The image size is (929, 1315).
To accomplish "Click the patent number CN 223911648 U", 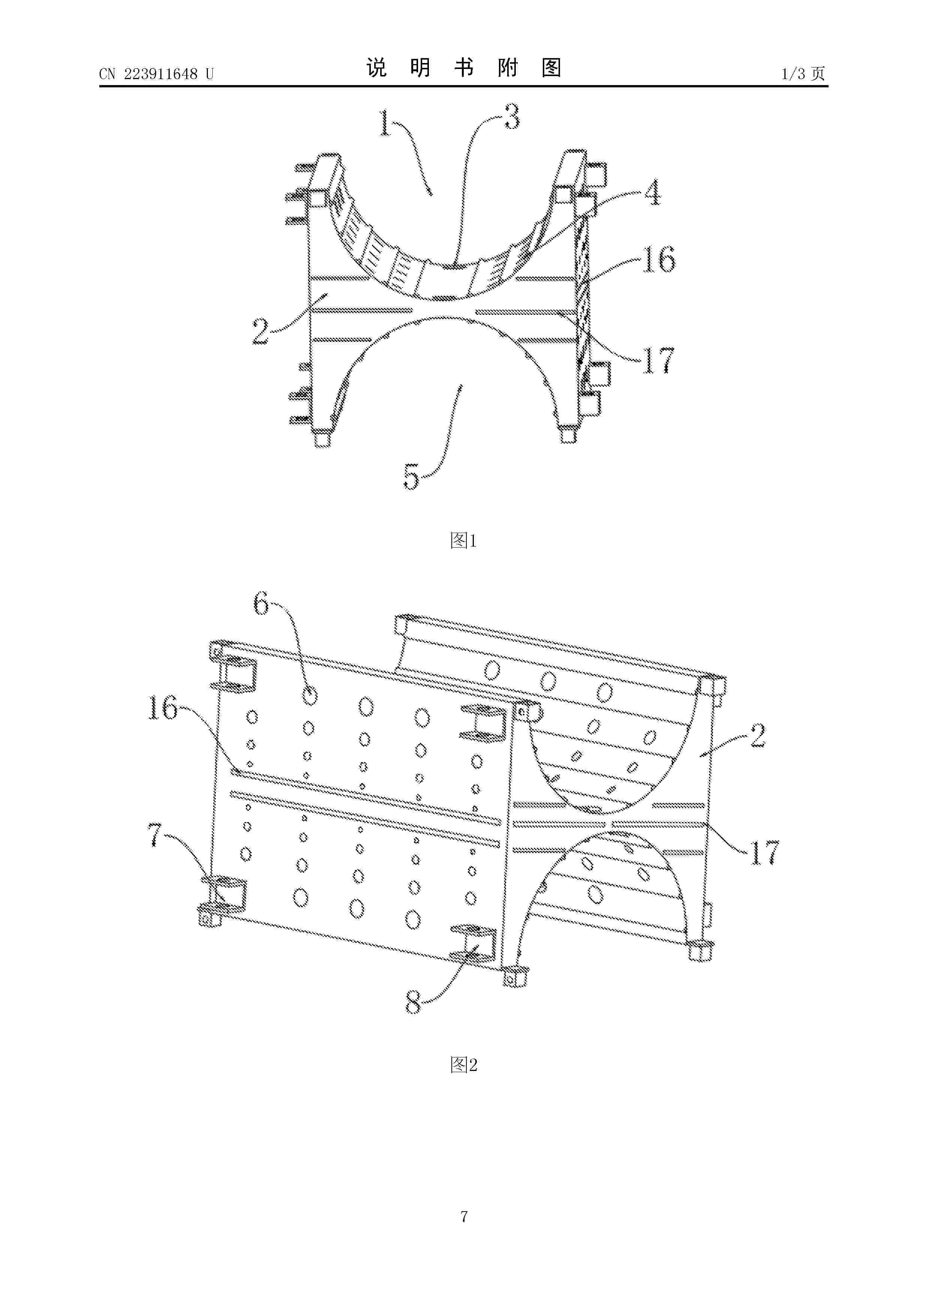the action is [156, 74].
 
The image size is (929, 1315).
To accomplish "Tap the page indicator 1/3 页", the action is [803, 73].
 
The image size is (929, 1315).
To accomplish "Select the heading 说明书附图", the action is [464, 68].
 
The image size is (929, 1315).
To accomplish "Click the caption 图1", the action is [464, 540].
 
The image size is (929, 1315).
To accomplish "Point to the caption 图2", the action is [464, 1065].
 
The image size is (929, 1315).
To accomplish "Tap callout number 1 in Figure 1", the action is [386, 123].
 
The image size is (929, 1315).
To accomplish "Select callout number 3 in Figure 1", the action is [512, 116].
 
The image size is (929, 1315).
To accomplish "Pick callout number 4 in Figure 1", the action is [653, 193].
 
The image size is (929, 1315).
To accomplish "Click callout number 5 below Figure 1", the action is [412, 476].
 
